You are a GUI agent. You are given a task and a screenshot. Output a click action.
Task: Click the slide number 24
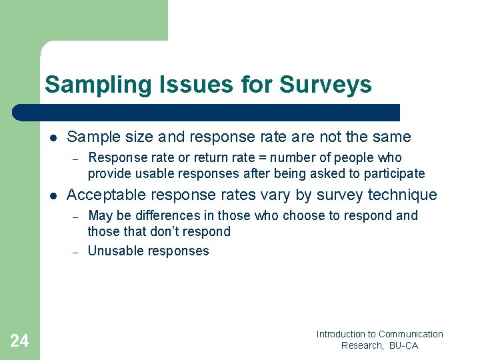pyautogui.click(x=19, y=341)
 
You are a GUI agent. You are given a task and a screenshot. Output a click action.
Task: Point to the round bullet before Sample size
pyautogui.click(x=52, y=138)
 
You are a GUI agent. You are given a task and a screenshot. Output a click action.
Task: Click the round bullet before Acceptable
pyautogui.click(x=52, y=196)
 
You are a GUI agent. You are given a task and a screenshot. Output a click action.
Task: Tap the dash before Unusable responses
pyautogui.click(x=76, y=252)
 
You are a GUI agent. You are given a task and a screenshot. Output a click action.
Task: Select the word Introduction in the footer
pyautogui.click(x=341, y=334)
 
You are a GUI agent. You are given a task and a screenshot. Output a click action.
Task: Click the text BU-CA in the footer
pyautogui.click(x=403, y=345)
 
